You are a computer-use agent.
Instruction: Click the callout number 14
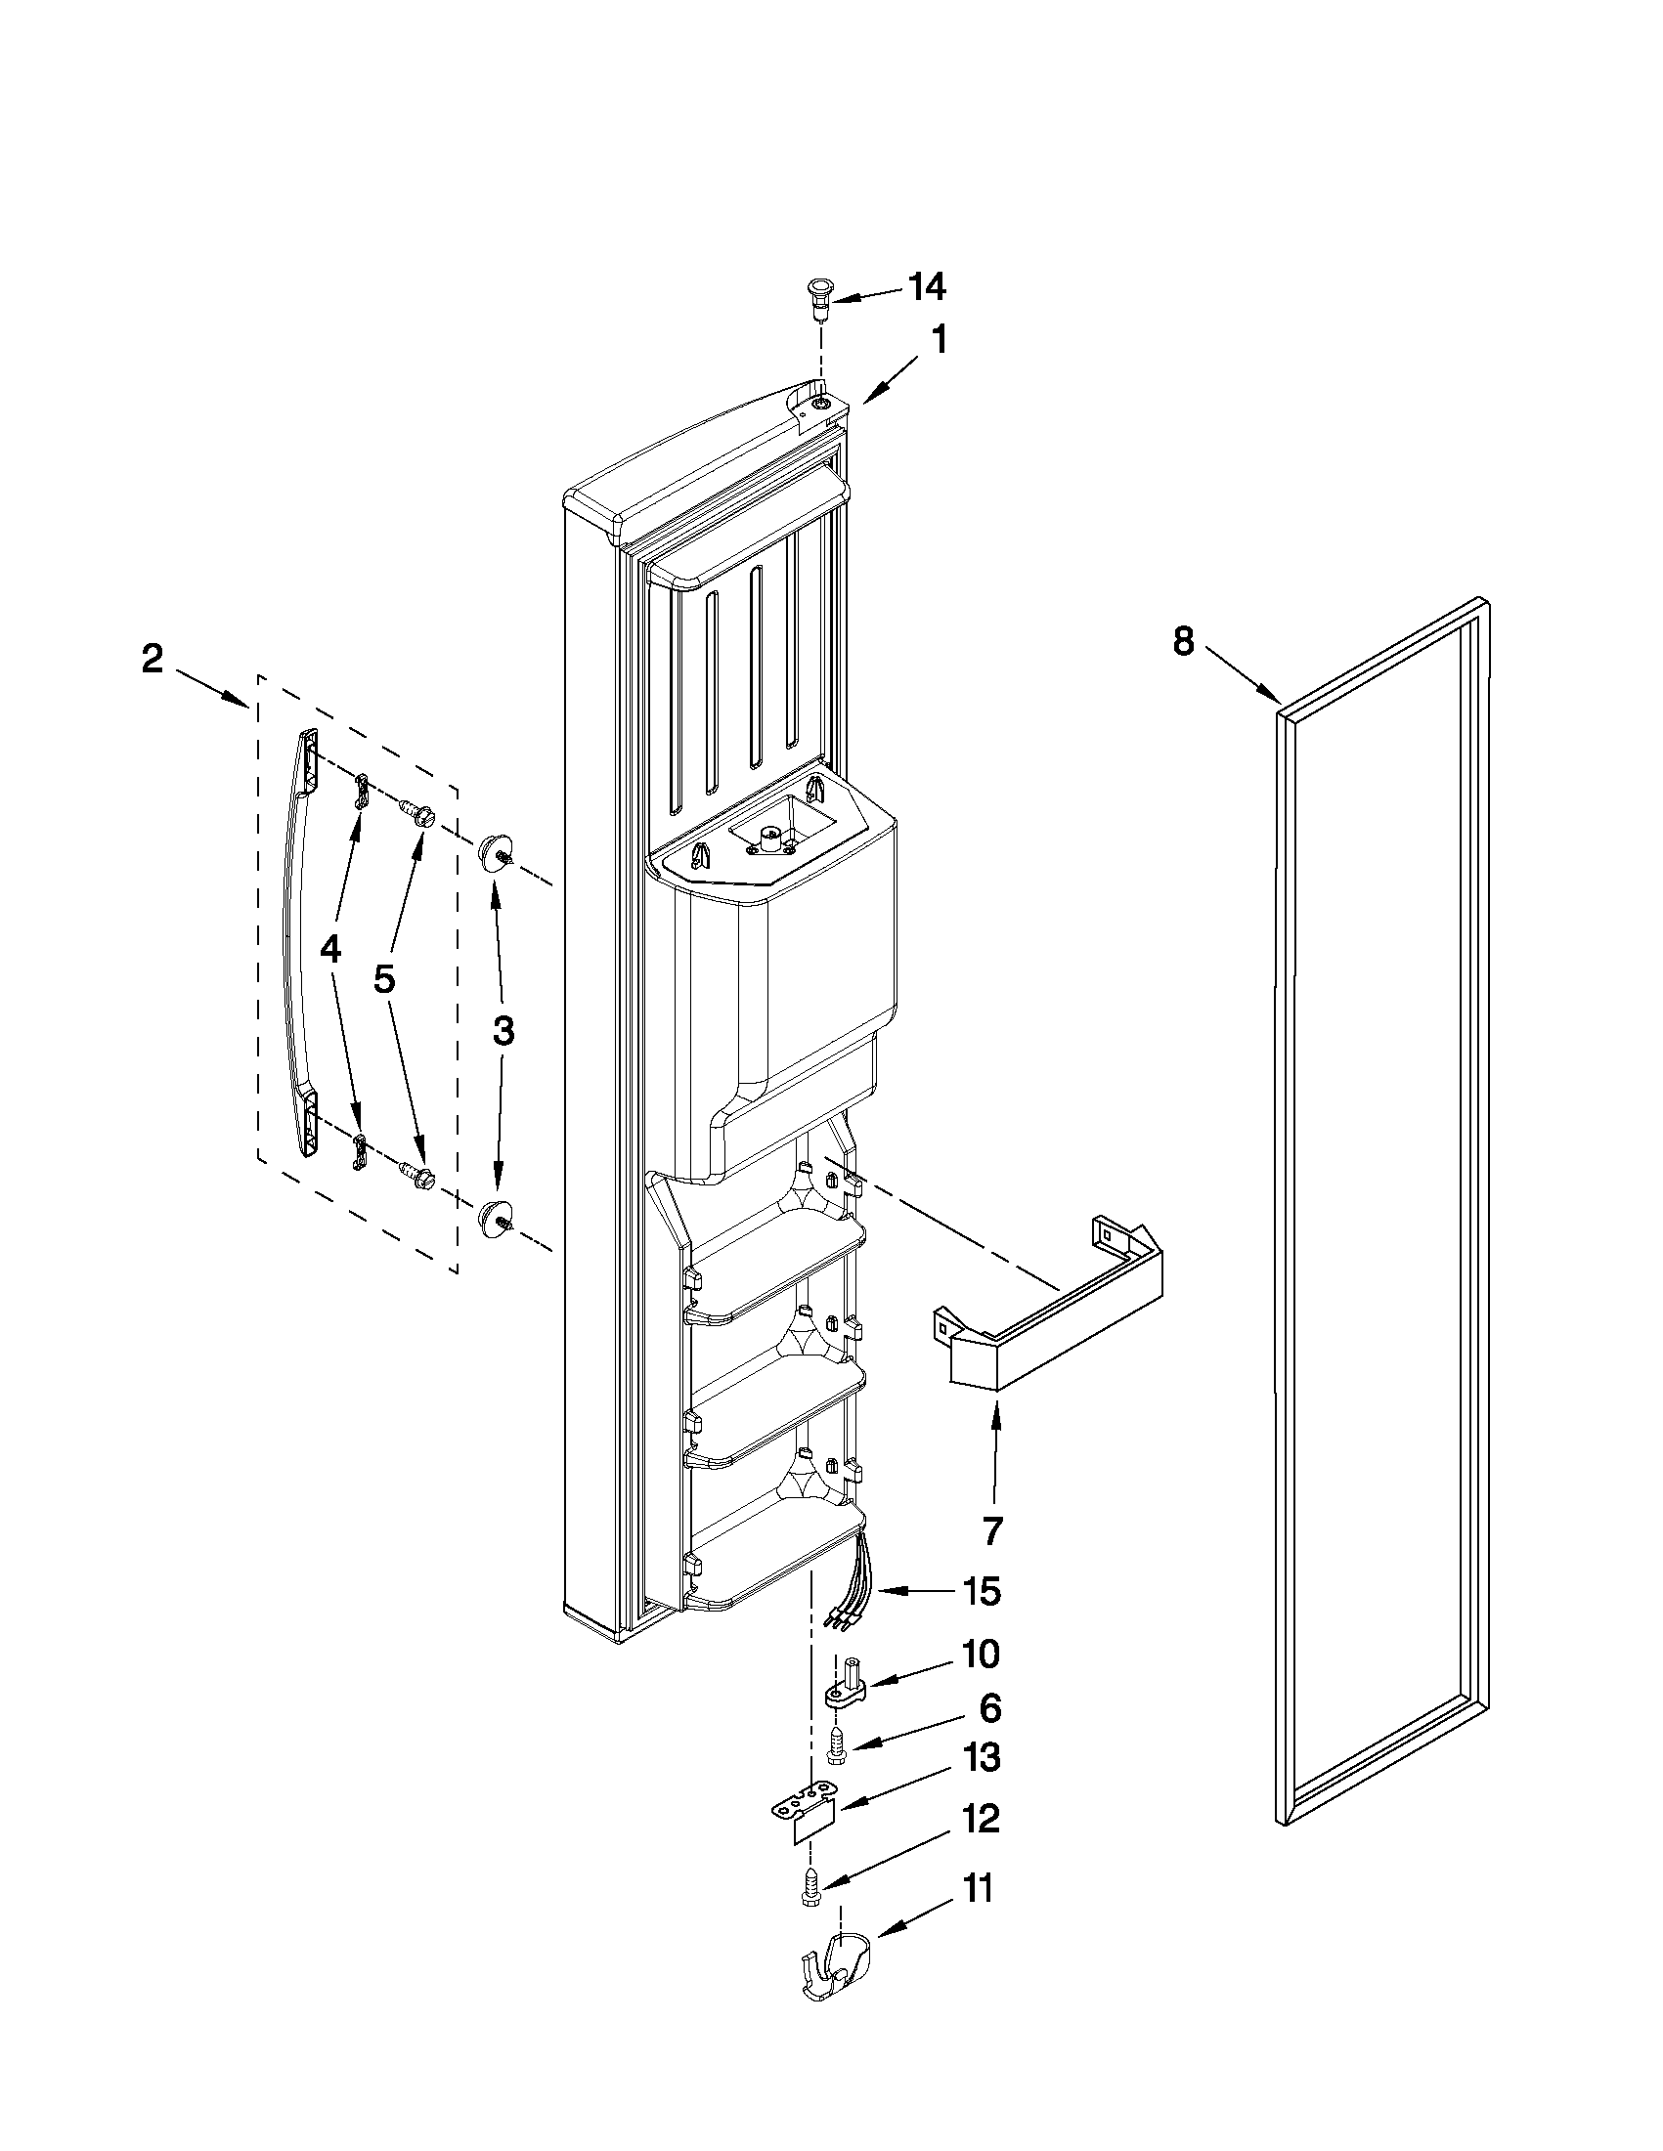(x=926, y=287)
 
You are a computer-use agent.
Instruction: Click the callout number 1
(x=940, y=341)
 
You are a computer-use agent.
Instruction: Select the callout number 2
(x=152, y=659)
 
